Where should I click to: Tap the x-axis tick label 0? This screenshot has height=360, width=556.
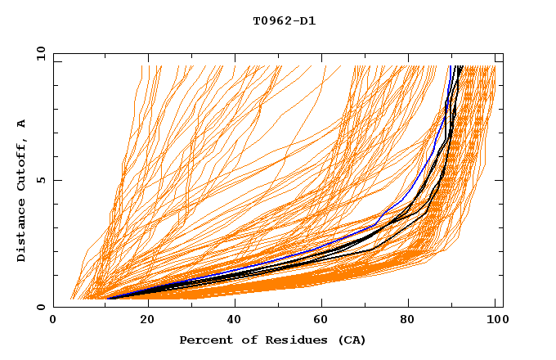click(53, 320)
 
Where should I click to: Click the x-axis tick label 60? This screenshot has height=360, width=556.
click(323, 320)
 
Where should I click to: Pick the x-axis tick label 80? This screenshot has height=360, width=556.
click(413, 320)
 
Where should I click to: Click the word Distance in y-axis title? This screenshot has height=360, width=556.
click(21, 231)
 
